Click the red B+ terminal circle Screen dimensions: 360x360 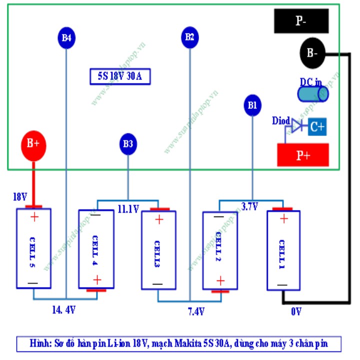point(33,144)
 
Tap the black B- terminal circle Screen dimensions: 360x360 point(312,52)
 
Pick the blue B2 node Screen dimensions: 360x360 point(189,37)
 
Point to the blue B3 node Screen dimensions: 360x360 point(128,144)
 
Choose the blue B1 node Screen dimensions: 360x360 point(251,105)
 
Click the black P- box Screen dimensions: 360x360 point(301,21)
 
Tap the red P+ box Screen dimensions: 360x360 point(303,155)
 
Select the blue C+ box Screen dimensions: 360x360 point(316,127)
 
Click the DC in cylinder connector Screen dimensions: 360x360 point(312,94)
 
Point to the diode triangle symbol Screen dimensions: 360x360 point(297,127)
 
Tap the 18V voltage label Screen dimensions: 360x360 point(19,197)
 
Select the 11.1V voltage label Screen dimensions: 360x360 point(128,209)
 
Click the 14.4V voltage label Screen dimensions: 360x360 point(64,310)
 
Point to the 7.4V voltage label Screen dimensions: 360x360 point(196,311)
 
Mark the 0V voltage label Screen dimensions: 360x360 point(296,311)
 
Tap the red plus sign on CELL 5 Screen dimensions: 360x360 point(34,217)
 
